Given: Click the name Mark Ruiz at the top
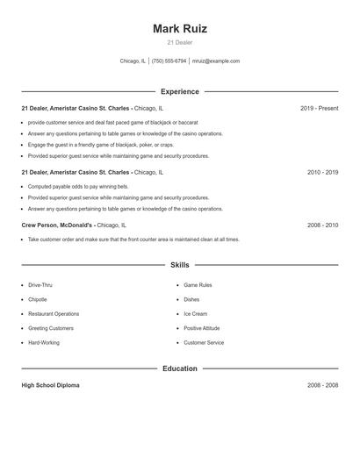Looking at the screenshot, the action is tap(179, 28).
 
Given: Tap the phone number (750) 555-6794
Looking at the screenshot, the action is tap(169, 61).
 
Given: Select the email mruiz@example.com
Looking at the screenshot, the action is tap(216, 61).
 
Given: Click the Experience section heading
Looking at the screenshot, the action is tap(179, 91).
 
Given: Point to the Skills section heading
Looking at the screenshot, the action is tap(179, 265).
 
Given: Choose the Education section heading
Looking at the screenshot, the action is tap(179, 368).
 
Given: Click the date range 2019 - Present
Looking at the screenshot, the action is tap(319, 109).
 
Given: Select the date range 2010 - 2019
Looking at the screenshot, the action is tap(322, 173).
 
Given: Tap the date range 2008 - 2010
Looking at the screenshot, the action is tap(322, 225).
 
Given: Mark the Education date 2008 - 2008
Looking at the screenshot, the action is tap(322, 385).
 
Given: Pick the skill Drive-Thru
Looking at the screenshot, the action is tap(40, 285).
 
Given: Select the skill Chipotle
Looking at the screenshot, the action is tap(38, 299).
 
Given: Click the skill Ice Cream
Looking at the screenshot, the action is tap(195, 314).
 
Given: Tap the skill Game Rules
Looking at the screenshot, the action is tap(198, 285).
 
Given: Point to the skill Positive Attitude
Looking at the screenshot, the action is tap(201, 328).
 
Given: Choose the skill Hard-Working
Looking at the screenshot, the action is tap(44, 342).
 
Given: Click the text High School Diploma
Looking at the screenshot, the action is tap(50, 385).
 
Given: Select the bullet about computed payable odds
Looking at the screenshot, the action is tap(77, 187).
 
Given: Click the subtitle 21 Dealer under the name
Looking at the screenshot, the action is tap(179, 42).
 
